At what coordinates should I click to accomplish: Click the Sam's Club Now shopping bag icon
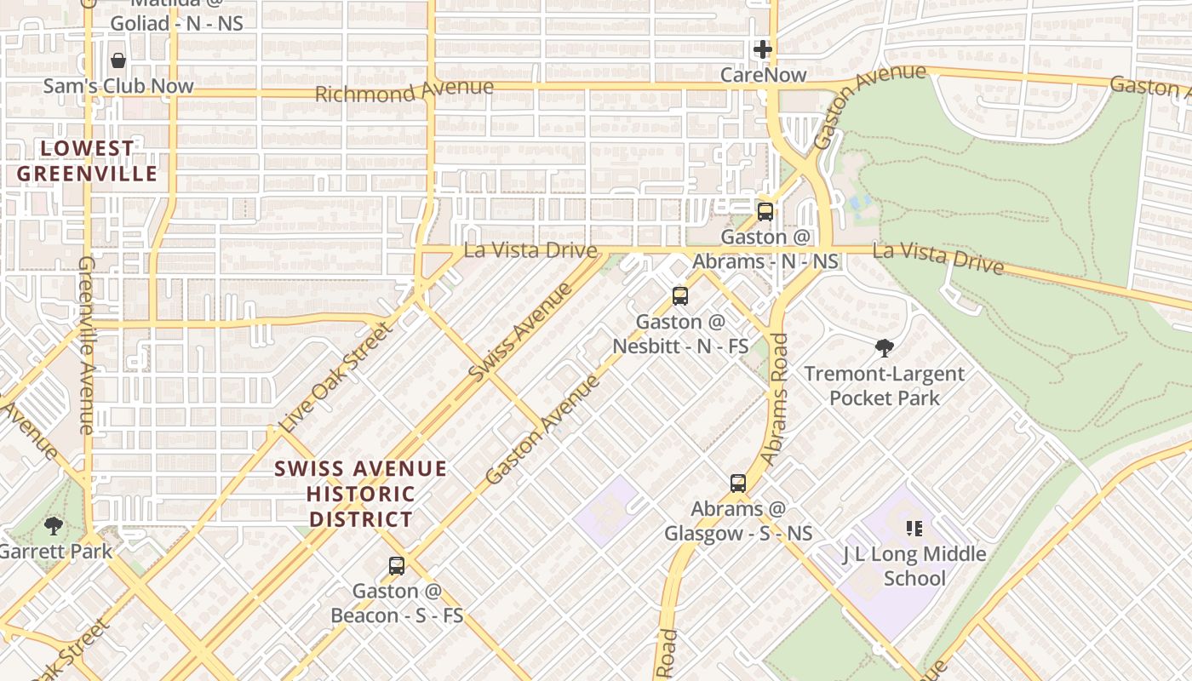pos(118,60)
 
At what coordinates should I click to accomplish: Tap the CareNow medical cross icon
pos(763,49)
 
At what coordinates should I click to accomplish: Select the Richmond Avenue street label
pos(404,90)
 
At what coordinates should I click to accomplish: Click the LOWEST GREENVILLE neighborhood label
pos(88,161)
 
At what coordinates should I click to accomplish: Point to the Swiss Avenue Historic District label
pos(361,494)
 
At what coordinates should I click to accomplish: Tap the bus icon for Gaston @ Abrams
pos(765,211)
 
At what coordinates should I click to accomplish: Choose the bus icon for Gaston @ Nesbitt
pos(679,296)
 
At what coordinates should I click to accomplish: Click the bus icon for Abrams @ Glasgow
pos(738,483)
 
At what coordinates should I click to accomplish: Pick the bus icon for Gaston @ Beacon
pos(396,565)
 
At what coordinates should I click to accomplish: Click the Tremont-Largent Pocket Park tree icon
pos(885,347)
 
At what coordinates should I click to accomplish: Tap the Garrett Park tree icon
pos(54,525)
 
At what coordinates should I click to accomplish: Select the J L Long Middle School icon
pos(914,529)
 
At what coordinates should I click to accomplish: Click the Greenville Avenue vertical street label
pos(87,345)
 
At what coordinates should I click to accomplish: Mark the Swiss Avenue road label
pos(520,332)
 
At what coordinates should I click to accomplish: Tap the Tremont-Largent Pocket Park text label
pos(885,386)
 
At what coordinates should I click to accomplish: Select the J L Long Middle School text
pos(914,566)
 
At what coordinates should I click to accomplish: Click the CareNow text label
pos(763,75)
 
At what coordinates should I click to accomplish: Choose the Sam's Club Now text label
pos(118,86)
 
